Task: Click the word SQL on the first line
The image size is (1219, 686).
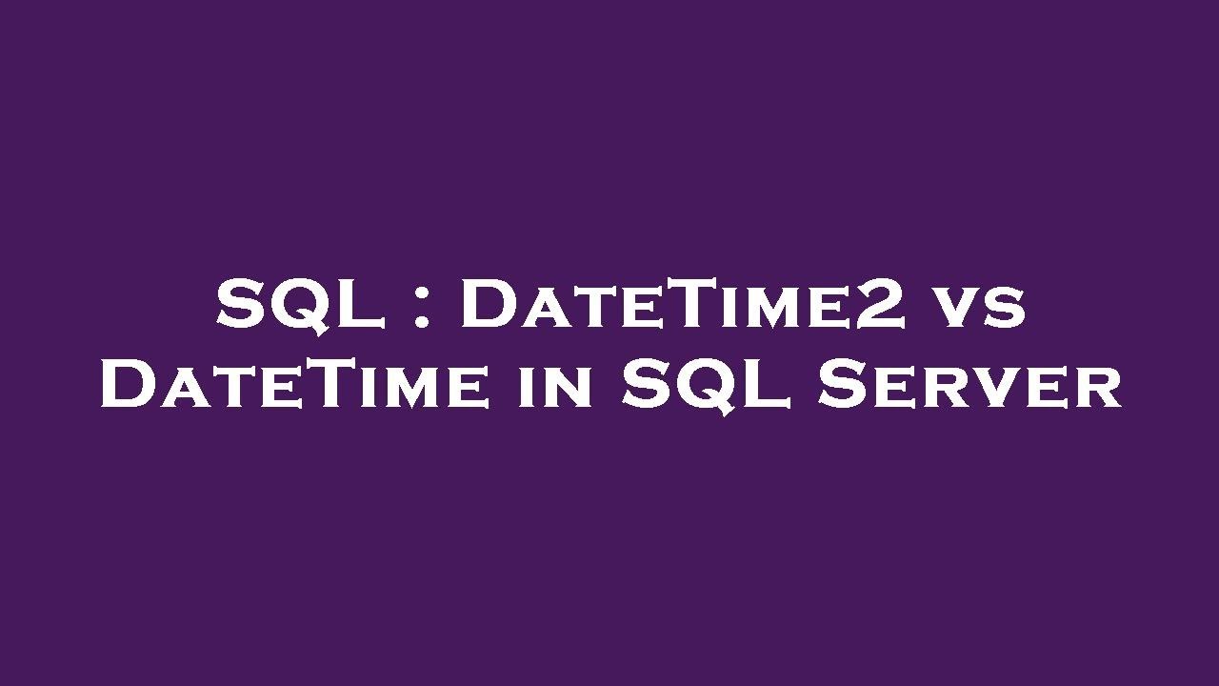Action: (300, 305)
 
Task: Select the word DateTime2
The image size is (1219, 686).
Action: (684, 305)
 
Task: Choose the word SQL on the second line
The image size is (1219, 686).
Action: (706, 386)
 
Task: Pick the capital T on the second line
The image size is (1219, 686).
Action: (309, 386)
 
